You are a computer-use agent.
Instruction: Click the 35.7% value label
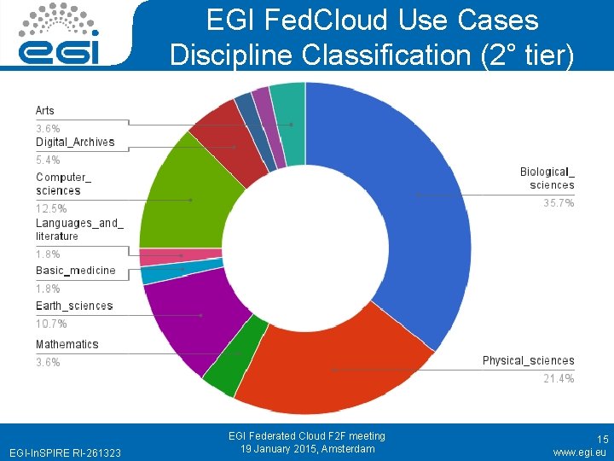[559, 203]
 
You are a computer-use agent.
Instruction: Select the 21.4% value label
[559, 378]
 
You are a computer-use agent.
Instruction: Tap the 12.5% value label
[51, 208]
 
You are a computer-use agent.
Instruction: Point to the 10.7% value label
[51, 324]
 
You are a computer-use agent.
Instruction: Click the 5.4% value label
[48, 160]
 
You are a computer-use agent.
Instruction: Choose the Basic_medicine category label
[75, 271]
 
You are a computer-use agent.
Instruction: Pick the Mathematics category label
[67, 344]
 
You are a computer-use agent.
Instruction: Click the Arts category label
[44, 110]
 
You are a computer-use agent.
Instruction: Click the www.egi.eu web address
[580, 452]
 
